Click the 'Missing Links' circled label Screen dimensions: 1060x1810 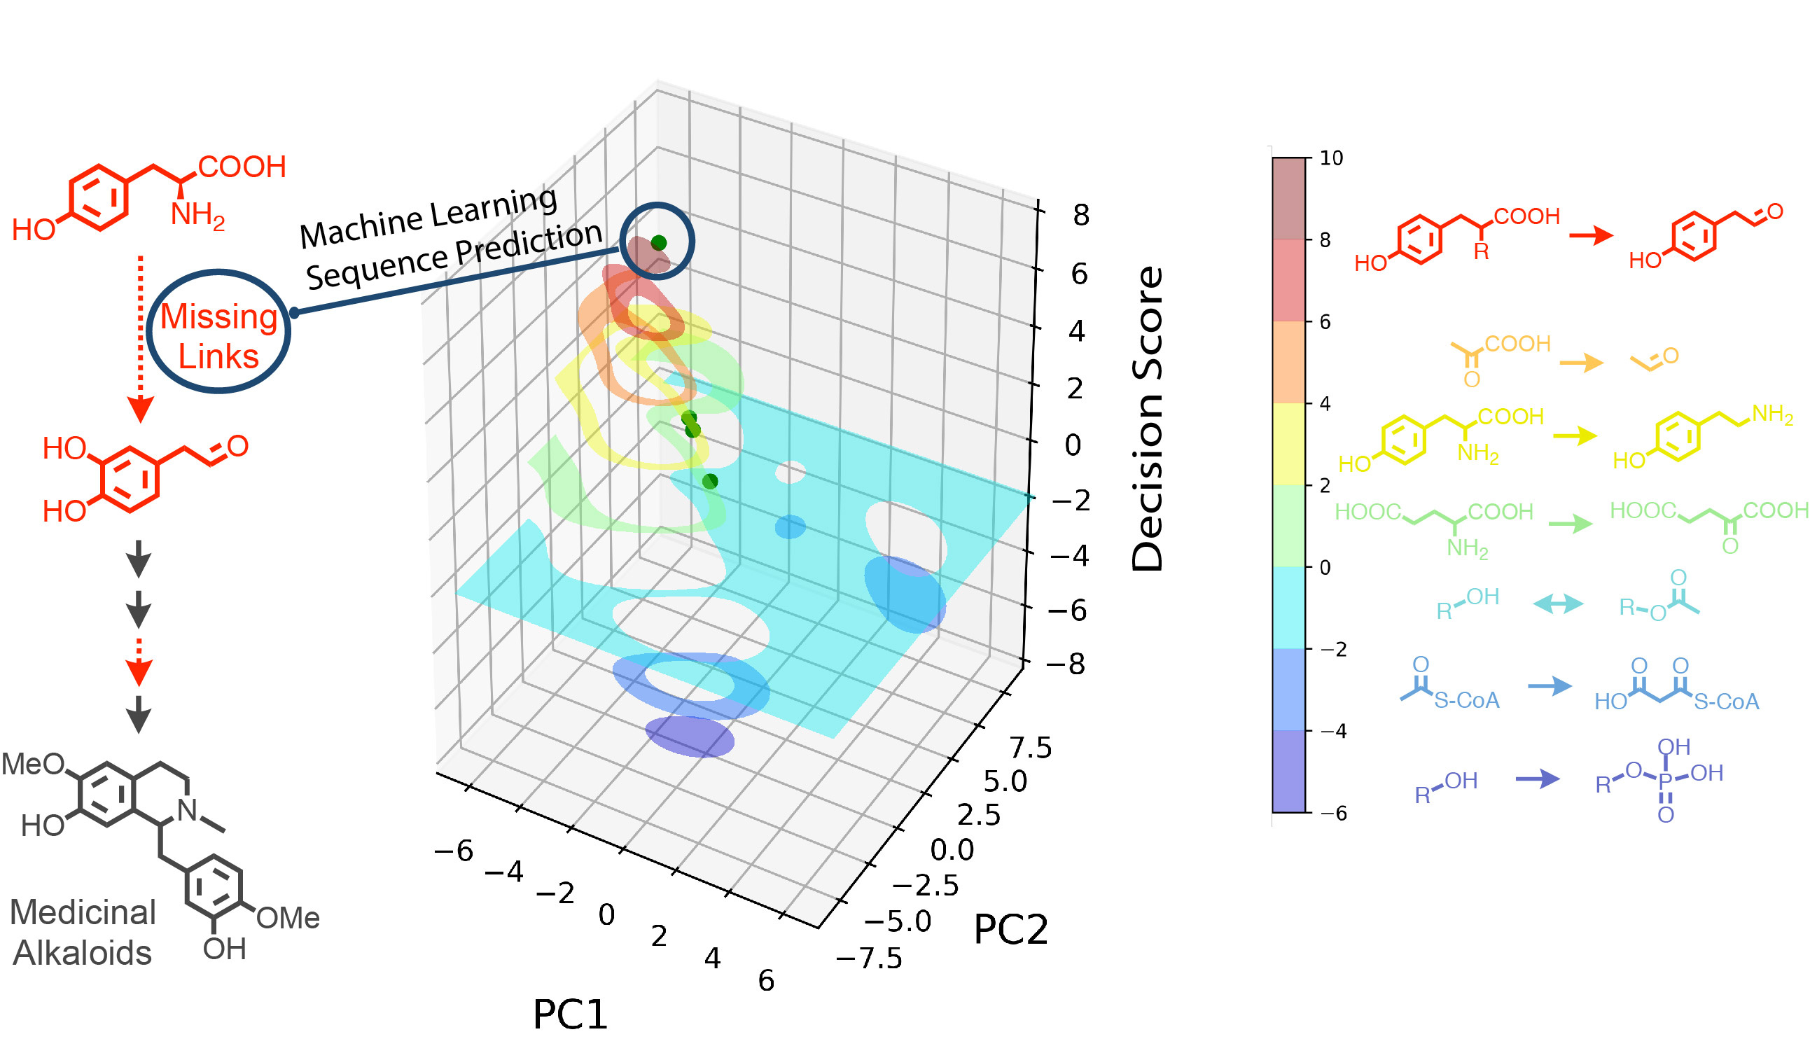pyautogui.click(x=218, y=335)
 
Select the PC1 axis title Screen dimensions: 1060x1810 pyautogui.click(x=570, y=1013)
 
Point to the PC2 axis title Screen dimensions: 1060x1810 pyautogui.click(x=1010, y=929)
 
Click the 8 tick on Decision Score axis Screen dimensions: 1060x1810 pyautogui.click(x=1081, y=215)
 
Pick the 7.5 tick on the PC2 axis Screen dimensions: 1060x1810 pyautogui.click(x=1031, y=748)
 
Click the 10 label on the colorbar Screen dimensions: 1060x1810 pyautogui.click(x=1331, y=158)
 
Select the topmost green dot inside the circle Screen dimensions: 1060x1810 pyautogui.click(x=659, y=243)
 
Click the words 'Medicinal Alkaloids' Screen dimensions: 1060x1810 pyautogui.click(x=83, y=932)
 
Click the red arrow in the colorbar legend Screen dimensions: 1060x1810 pyautogui.click(x=1591, y=235)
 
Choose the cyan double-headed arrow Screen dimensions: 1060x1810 pyautogui.click(x=1558, y=604)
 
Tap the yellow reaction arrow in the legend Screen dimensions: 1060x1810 pyautogui.click(x=1575, y=435)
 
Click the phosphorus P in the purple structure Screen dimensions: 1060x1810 pyautogui.click(x=1665, y=779)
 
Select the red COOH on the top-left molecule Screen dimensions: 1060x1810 pyautogui.click(x=242, y=167)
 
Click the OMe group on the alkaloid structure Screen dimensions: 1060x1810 pyautogui.click(x=288, y=918)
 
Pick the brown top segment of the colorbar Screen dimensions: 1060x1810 pyautogui.click(x=1288, y=198)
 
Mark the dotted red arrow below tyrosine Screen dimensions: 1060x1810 pyautogui.click(x=141, y=337)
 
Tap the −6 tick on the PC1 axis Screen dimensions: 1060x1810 pyautogui.click(x=454, y=851)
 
